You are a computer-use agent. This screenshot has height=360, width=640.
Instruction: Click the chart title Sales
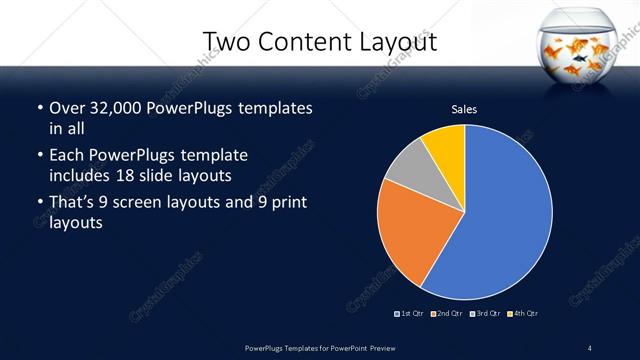(x=464, y=110)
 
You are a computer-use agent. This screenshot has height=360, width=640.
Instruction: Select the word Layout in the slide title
(x=397, y=41)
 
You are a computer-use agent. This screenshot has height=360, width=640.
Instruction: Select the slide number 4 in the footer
(x=590, y=347)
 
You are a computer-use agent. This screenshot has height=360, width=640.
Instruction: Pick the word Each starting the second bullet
(x=66, y=155)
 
